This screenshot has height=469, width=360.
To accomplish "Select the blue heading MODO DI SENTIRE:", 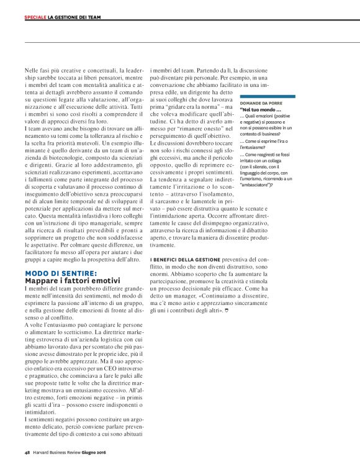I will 61,273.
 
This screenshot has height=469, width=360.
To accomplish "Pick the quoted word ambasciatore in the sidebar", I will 259,184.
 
